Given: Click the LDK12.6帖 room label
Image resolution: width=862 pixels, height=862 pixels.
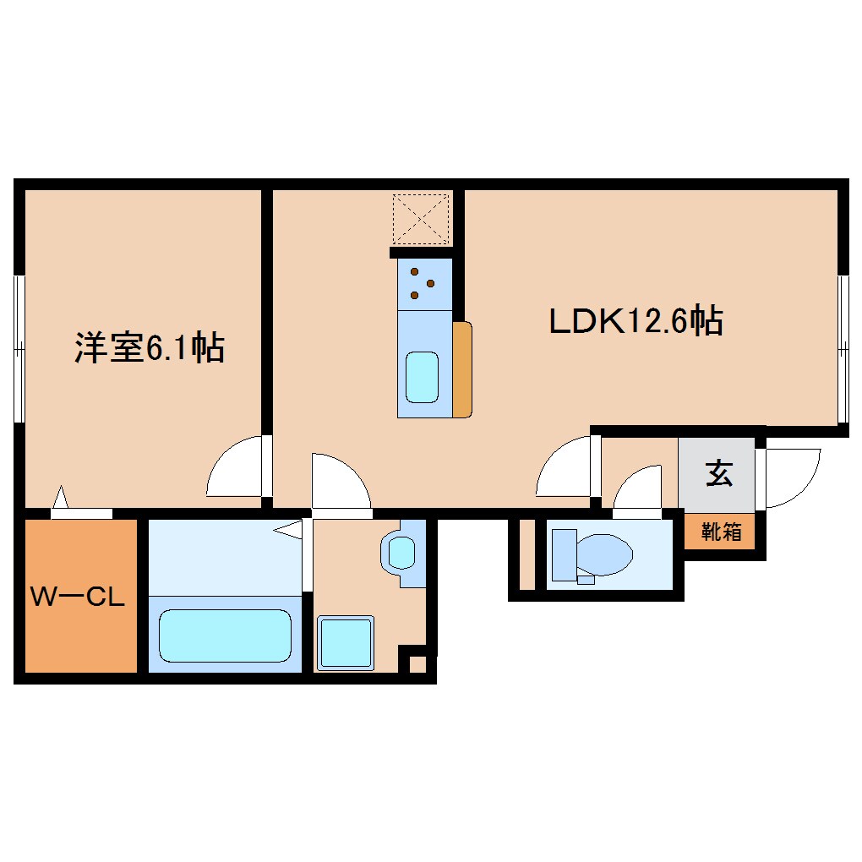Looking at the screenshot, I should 636,321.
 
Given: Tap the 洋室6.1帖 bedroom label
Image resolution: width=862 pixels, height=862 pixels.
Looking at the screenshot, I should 150,347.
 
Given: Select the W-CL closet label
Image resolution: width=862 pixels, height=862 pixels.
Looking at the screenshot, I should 78,597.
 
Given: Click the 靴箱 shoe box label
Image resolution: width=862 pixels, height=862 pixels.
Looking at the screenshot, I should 721,532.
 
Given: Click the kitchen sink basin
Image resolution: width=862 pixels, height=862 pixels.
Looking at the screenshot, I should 423,377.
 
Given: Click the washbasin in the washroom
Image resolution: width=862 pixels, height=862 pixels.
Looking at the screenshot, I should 401,553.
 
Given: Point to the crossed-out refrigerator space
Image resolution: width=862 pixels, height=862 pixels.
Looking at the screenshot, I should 421,218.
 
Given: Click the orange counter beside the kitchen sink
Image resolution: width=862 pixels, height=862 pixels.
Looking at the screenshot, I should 461,368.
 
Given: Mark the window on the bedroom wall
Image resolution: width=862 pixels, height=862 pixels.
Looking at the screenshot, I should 19,347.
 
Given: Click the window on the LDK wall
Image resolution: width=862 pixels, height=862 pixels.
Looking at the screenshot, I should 843,347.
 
